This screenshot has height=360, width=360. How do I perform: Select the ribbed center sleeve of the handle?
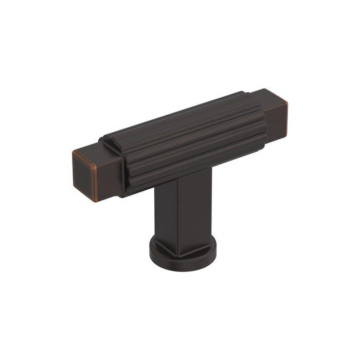point(190,139)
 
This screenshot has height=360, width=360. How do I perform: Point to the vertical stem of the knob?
point(183,211)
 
